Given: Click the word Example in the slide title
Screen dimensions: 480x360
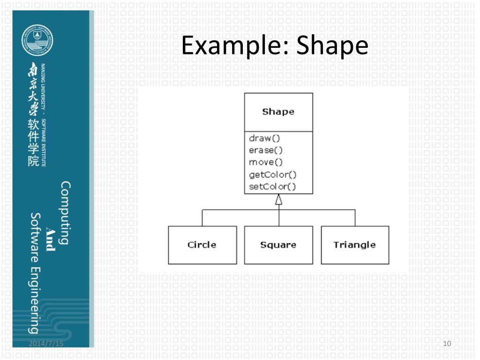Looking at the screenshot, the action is point(230,46).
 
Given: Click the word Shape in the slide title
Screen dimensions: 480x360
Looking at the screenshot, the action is point(333,46).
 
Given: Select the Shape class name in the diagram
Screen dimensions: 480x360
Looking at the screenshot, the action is point(278,112).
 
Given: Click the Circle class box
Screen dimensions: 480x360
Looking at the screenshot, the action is point(202,245).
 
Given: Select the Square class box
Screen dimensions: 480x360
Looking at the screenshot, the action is point(278,245).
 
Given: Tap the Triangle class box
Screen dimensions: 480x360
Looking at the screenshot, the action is point(354,245).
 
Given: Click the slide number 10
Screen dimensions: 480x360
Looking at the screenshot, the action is point(446,344).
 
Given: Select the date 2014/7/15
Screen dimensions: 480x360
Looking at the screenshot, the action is point(45,344).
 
